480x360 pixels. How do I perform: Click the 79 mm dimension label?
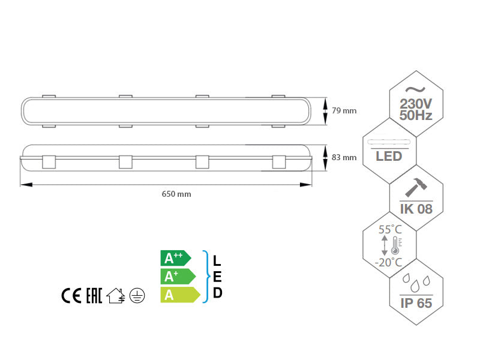[x=344, y=110]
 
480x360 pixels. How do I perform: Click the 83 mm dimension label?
[x=344, y=158]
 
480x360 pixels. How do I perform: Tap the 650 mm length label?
[x=176, y=194]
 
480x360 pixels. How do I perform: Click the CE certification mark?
[x=71, y=296]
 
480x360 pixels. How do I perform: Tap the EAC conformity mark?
[x=93, y=296]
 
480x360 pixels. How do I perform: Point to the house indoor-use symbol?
[x=115, y=296]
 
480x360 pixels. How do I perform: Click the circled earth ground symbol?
[x=137, y=296]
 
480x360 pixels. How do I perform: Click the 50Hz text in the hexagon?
[x=416, y=116]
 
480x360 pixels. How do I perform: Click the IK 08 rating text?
[x=416, y=209]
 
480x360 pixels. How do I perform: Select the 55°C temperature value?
[x=389, y=230]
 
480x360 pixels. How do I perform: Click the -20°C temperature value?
[x=388, y=262]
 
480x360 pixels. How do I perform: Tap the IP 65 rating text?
[x=416, y=302]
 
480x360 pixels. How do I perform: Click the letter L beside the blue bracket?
[x=217, y=261]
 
